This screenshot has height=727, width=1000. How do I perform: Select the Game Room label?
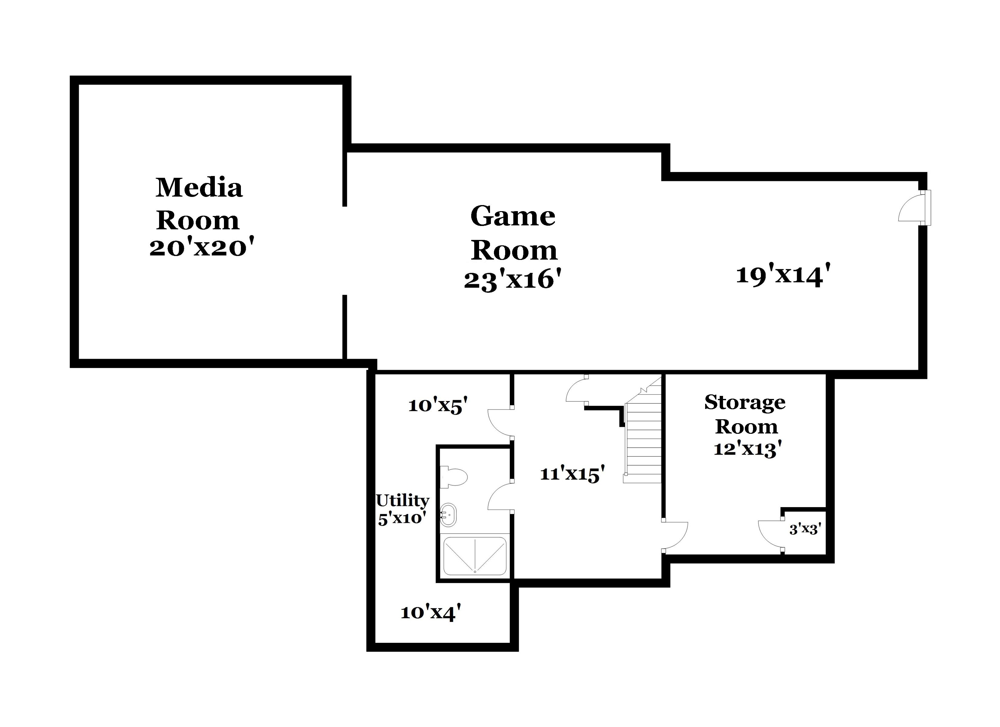tap(514, 233)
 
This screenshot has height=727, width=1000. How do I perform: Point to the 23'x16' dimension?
tap(513, 280)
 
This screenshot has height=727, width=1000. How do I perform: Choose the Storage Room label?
tap(745, 414)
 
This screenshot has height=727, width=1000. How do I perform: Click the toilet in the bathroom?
tap(454, 476)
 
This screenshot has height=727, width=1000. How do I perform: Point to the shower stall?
tap(475, 556)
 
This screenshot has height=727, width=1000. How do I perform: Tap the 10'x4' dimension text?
tap(431, 612)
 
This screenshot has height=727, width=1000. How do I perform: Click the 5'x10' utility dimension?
tap(402, 518)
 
